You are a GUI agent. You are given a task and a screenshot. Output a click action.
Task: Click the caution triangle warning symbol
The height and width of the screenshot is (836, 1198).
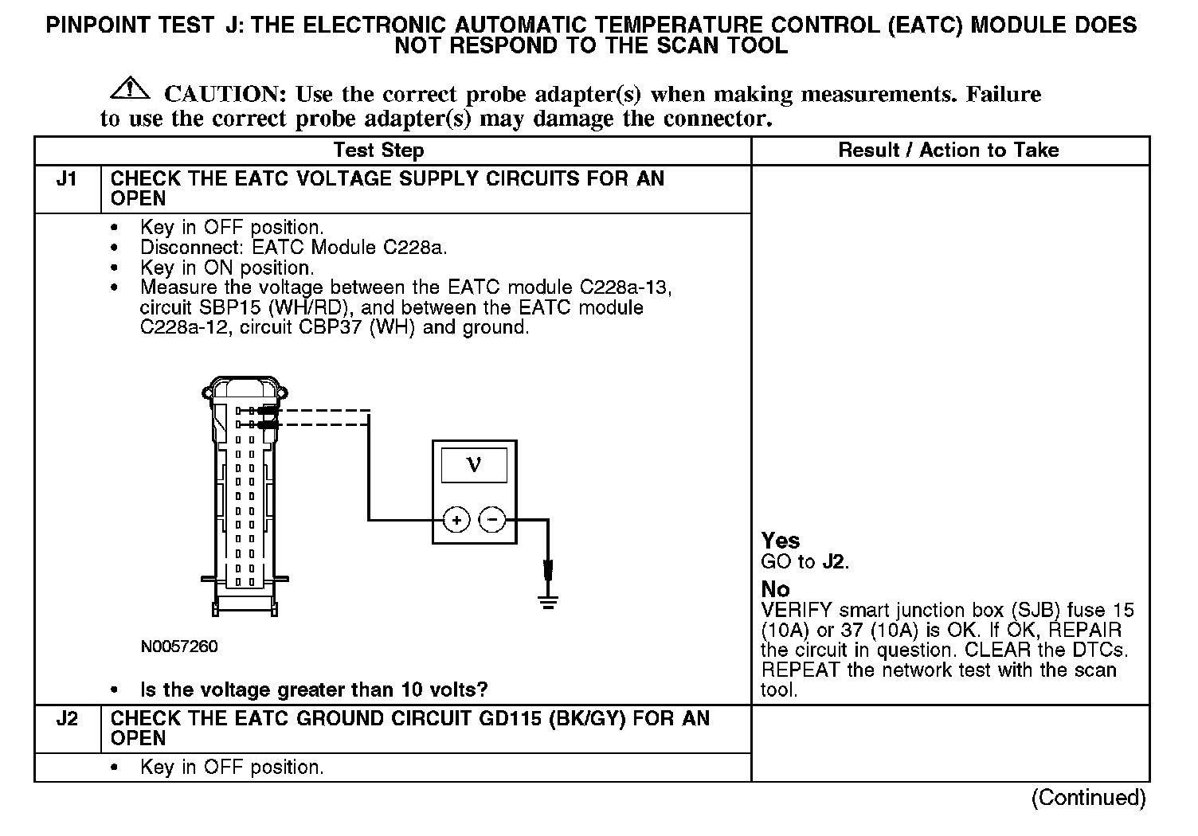click(x=130, y=89)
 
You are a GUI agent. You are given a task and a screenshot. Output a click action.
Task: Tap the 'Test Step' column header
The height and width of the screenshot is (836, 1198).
click(x=378, y=150)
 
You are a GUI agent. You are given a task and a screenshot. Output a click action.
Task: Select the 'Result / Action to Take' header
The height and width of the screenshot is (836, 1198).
click(x=949, y=150)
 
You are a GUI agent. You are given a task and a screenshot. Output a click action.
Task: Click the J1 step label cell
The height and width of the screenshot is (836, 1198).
click(x=67, y=179)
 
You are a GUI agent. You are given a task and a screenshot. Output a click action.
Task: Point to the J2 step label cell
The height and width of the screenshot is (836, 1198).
click(x=67, y=719)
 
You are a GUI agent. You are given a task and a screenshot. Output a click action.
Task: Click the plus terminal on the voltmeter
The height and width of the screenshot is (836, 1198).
click(x=456, y=521)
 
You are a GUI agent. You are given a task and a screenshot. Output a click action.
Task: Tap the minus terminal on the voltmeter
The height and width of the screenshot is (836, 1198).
click(x=492, y=521)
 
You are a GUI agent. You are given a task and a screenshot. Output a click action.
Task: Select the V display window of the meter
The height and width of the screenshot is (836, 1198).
click(x=474, y=463)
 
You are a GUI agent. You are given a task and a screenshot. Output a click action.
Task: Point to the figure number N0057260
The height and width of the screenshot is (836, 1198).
click(x=179, y=647)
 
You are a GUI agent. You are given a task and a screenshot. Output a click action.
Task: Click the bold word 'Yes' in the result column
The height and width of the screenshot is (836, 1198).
click(x=781, y=541)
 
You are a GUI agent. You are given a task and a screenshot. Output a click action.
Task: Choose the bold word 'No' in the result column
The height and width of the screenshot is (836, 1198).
click(x=775, y=589)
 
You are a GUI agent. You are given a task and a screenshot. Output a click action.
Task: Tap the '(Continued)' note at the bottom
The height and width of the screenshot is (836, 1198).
click(x=1088, y=798)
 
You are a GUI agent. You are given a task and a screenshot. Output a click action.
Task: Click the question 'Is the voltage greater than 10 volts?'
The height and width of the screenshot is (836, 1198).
click(x=314, y=690)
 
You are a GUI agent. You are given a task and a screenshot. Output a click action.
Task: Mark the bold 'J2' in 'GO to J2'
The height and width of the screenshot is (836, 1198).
click(x=833, y=561)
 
